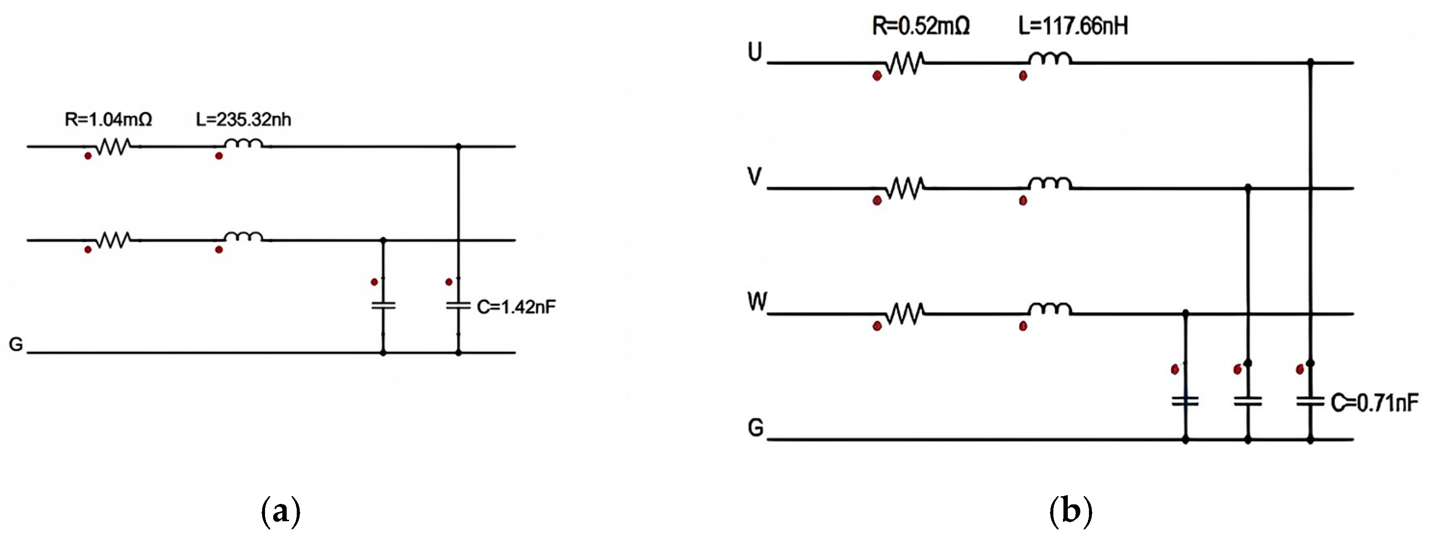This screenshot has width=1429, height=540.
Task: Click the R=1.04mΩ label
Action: [108, 119]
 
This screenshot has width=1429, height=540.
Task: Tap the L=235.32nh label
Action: [243, 119]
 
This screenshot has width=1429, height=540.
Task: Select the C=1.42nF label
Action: [516, 307]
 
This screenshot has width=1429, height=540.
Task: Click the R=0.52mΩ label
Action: [921, 26]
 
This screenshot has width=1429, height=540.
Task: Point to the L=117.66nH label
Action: [1073, 26]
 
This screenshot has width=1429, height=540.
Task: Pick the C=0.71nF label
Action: [1374, 403]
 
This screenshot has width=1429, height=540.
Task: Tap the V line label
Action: [755, 177]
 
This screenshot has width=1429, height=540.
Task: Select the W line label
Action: [757, 302]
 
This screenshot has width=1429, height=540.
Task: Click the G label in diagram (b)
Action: [756, 427]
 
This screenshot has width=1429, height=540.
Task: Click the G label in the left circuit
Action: [16, 345]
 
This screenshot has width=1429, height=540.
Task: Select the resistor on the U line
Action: [904, 63]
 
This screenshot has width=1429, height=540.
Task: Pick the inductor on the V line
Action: [1049, 184]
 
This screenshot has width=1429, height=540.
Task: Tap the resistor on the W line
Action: [904, 314]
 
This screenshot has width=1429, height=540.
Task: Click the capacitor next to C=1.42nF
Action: [458, 305]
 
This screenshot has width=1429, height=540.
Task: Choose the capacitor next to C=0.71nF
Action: [1310, 401]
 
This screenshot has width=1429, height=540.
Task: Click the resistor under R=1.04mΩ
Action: [113, 146]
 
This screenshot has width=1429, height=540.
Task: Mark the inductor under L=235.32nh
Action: [243, 144]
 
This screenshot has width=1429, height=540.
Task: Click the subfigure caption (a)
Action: [281, 512]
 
